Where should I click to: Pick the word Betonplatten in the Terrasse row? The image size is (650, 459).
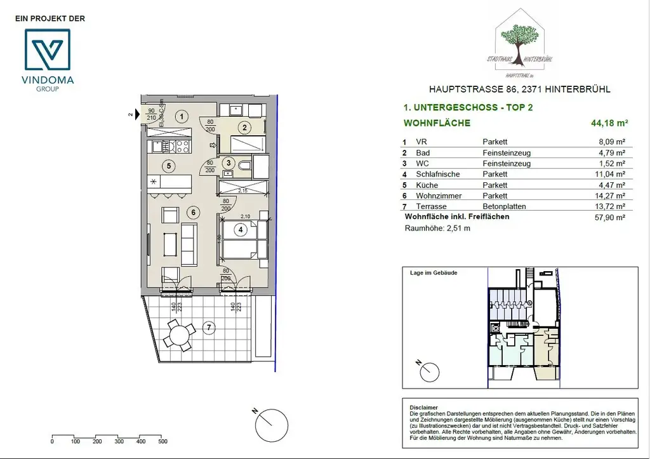[503, 206]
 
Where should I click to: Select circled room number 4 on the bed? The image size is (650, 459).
[239, 230]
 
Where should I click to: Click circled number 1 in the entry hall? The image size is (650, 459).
[182, 116]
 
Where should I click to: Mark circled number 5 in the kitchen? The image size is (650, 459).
[168, 166]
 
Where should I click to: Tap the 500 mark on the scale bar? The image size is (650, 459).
[162, 442]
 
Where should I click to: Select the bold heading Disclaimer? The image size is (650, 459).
[423, 408]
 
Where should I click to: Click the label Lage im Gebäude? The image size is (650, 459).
[434, 272]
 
